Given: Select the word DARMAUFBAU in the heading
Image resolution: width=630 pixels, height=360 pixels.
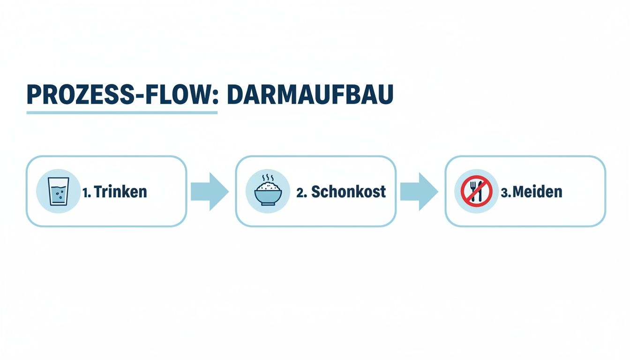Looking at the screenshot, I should point(310,95).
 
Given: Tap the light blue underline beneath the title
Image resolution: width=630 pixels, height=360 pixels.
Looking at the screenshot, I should point(122,112).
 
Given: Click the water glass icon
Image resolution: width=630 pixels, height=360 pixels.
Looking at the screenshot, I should point(58,191).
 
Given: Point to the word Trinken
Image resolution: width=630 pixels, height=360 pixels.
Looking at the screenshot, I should point(120,192).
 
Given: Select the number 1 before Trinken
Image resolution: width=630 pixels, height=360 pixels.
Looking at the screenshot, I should point(86,192).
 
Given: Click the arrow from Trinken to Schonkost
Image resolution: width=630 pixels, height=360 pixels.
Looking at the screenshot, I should point(209,191).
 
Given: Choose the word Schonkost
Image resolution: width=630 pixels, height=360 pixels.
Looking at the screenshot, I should point(348,191).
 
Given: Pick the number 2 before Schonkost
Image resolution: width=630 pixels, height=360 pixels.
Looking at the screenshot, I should point(300,192).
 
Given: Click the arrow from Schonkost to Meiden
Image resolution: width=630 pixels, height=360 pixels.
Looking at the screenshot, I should point(419,191).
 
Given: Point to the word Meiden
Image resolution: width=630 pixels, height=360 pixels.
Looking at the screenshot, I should point(538,192).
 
